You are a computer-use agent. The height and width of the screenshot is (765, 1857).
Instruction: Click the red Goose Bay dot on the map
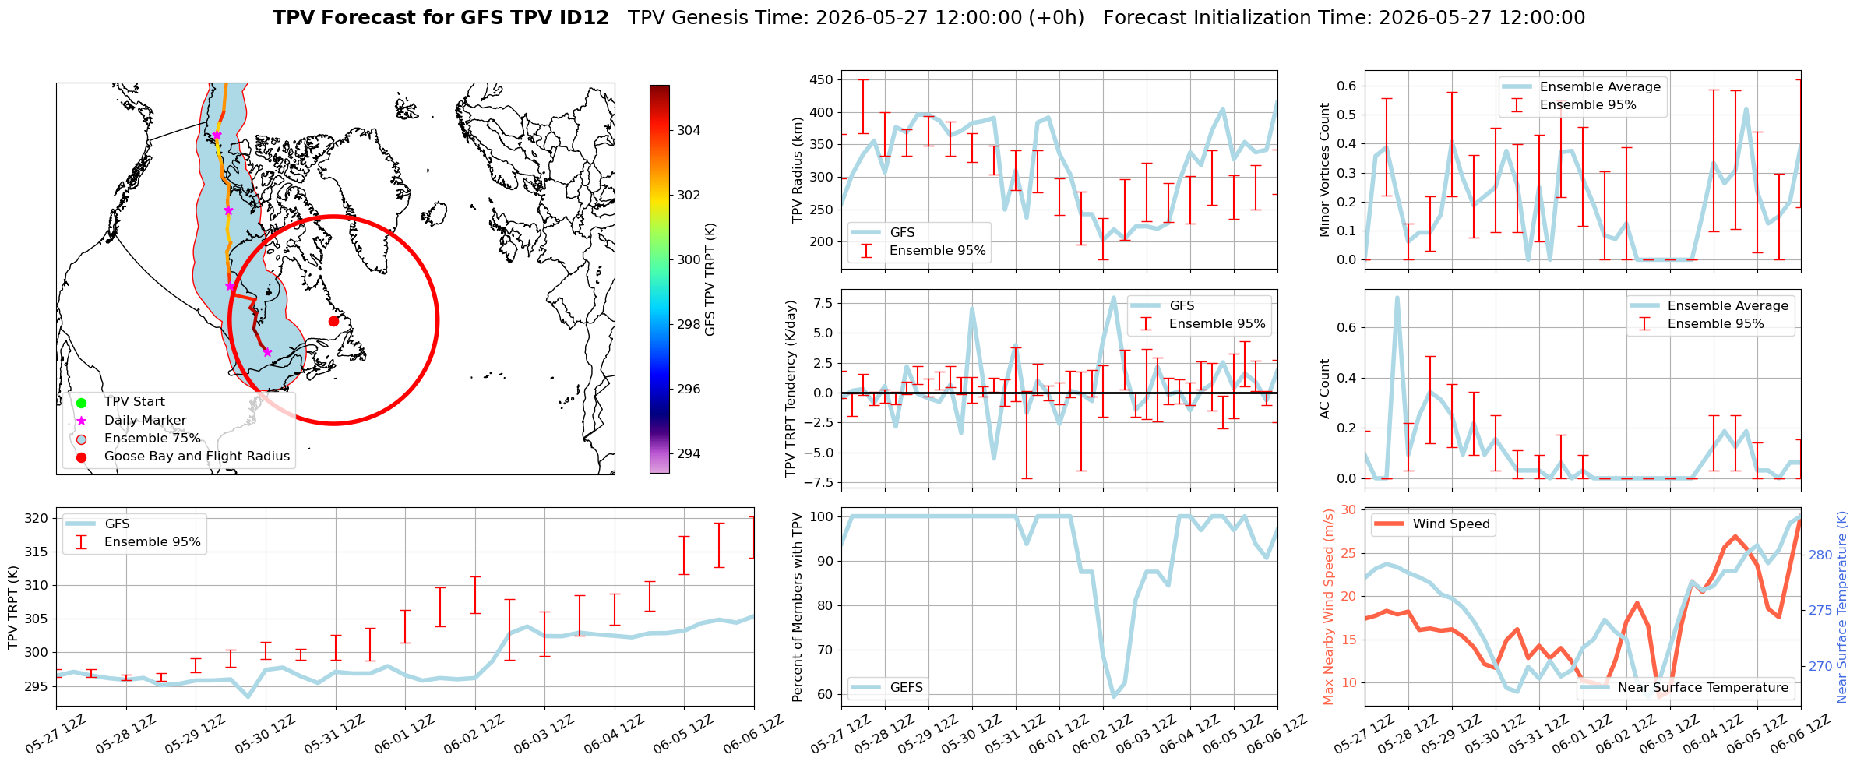tap(333, 321)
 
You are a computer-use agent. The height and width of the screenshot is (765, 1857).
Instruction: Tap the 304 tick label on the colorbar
tap(689, 130)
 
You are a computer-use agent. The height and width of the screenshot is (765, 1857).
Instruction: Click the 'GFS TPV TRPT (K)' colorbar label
tap(710, 280)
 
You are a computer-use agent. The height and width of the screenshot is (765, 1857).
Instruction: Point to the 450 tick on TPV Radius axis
tap(821, 79)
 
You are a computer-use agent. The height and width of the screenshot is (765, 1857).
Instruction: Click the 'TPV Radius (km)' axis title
tap(797, 171)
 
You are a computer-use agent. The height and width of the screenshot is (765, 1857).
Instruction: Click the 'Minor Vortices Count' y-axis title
tap(1324, 170)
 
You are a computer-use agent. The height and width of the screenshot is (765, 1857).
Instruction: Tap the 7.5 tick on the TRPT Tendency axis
tap(824, 303)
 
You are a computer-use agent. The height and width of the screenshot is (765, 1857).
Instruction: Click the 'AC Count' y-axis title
tap(1324, 389)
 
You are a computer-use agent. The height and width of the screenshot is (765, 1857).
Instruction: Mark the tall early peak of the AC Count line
tap(1397, 297)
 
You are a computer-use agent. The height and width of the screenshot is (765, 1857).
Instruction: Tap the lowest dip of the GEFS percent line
tap(1114, 696)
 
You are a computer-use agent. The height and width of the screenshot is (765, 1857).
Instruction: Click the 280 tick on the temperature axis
tap(1820, 555)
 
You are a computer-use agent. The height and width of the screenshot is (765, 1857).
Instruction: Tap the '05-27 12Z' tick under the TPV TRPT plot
tap(56, 734)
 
